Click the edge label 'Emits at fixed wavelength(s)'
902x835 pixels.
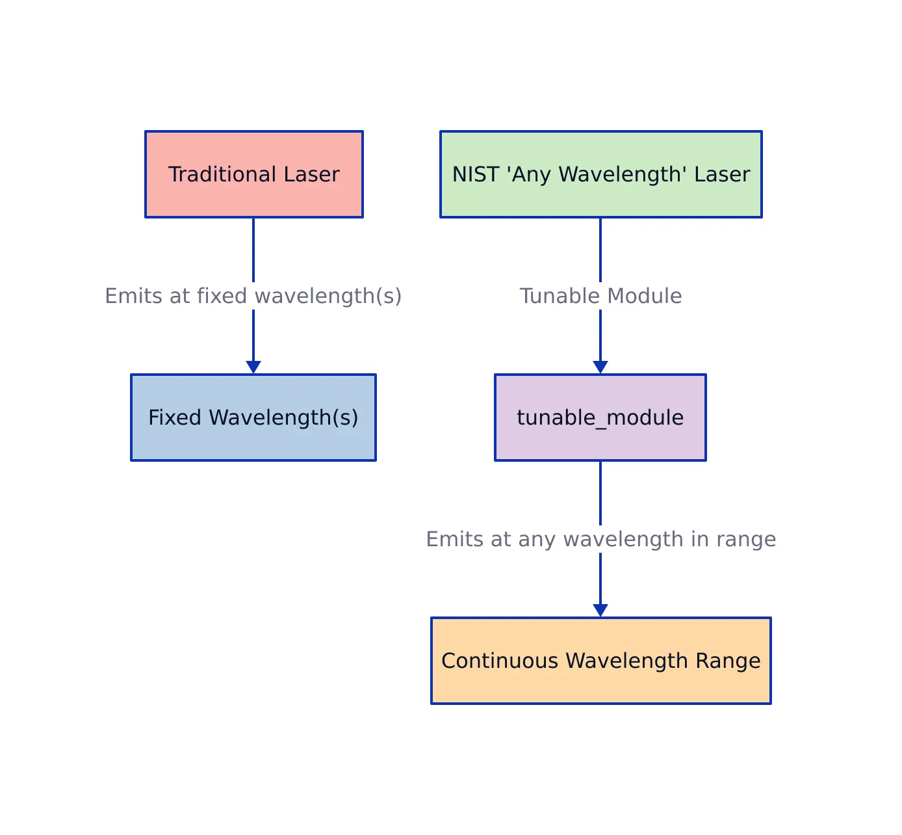click(253, 296)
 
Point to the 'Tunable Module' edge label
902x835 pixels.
click(600, 296)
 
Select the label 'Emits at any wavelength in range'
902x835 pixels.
click(600, 539)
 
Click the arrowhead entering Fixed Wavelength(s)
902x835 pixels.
click(253, 367)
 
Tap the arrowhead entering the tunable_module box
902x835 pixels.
click(600, 367)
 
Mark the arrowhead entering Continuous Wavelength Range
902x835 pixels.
click(600, 611)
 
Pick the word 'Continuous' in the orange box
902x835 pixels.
click(500, 661)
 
